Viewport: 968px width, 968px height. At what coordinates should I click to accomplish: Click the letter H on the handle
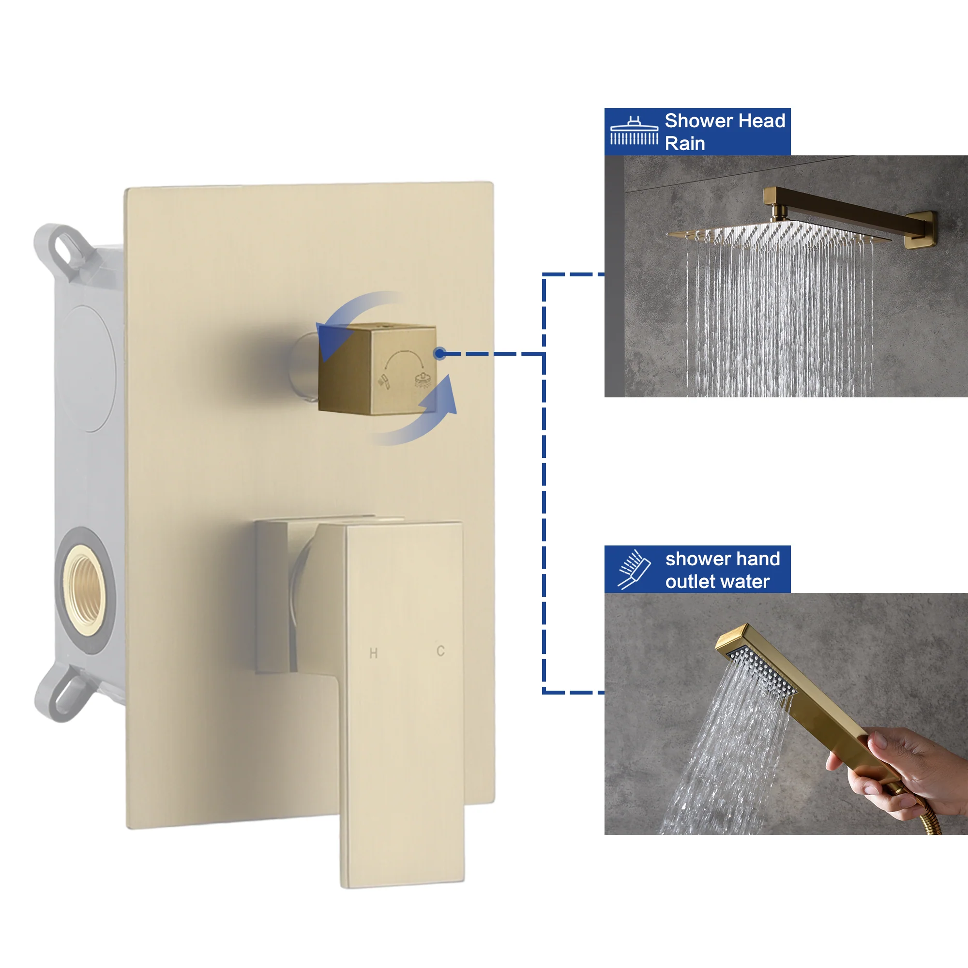coord(373,653)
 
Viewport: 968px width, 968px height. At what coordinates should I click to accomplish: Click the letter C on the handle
coord(440,651)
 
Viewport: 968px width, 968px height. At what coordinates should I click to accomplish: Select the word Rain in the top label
coord(684,144)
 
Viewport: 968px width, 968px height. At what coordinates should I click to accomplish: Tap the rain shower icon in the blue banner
coord(634,131)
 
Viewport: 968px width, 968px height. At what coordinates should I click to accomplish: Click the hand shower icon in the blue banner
coord(634,570)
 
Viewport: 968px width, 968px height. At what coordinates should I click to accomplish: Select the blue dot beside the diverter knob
coord(439,354)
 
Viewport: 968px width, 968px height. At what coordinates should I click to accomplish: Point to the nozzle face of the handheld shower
coord(761,671)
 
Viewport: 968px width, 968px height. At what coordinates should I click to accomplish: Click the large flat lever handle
coord(403,701)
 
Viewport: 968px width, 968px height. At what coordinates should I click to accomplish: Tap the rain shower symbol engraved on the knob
coord(423,380)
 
